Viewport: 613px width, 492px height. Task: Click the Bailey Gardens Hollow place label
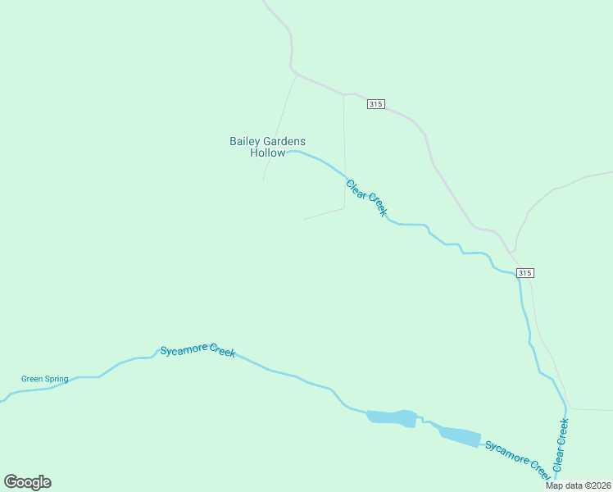pos(267,147)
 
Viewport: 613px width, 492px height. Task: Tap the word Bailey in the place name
pos(244,141)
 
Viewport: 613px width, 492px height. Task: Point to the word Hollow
pos(268,153)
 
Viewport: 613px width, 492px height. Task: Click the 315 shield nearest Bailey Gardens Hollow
pos(375,103)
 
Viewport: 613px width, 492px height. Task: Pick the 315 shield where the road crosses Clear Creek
pos(525,272)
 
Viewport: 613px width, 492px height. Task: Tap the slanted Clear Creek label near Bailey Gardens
pos(366,198)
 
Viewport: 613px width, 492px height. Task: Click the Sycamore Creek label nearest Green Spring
pos(198,350)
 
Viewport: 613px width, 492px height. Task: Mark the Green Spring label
pos(44,379)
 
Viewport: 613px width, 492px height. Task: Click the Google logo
pos(27,482)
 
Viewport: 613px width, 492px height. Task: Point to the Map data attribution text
pos(577,485)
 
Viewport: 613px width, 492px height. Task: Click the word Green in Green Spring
pos(32,379)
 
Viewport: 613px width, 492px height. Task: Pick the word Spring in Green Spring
pos(56,379)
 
